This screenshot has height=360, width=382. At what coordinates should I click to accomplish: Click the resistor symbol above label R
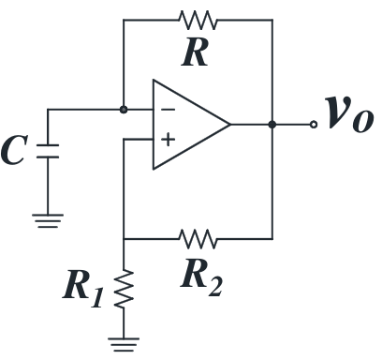[x=198, y=20]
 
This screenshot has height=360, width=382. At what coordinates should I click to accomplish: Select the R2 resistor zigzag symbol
[x=198, y=239]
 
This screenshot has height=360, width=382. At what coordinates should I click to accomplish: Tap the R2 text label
[x=201, y=277]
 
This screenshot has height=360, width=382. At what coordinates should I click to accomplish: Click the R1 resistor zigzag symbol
[x=124, y=289]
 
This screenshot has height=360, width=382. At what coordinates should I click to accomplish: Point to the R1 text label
[x=83, y=289]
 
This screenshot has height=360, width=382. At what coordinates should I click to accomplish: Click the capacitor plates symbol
[x=48, y=151]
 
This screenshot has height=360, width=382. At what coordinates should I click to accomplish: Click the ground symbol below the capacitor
[x=48, y=220]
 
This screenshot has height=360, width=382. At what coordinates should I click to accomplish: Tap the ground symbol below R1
[x=124, y=344]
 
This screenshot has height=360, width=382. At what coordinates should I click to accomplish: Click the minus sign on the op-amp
[x=168, y=110]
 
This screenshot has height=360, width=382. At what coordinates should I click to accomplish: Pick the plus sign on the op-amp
[x=168, y=140]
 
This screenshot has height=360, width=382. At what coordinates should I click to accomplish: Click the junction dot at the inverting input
[x=124, y=110]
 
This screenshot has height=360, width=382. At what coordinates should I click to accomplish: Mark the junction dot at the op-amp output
[x=272, y=125]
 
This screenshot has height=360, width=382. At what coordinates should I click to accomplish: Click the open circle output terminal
[x=314, y=125]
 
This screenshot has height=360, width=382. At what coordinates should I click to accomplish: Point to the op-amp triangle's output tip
[x=230, y=125]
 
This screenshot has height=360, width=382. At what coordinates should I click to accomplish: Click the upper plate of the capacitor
[x=48, y=145]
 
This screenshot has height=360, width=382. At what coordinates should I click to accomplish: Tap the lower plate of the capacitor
[x=48, y=157]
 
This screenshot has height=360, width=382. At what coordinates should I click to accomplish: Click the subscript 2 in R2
[x=215, y=287]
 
